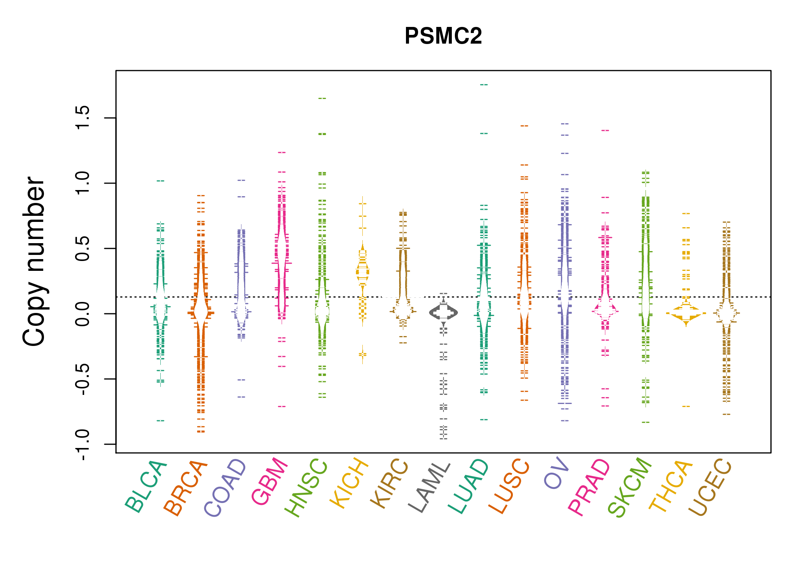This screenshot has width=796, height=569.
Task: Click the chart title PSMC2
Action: (x=443, y=36)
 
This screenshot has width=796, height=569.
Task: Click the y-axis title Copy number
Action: (x=34, y=261)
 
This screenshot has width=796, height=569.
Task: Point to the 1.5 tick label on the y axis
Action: (x=83, y=118)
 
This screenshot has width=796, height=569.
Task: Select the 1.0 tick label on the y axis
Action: (x=83, y=183)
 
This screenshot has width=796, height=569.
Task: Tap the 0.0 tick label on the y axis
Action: (x=83, y=314)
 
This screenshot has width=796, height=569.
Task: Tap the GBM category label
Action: (x=269, y=482)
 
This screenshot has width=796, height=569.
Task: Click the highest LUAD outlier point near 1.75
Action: (x=484, y=85)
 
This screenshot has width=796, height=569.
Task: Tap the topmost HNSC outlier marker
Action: (x=322, y=98)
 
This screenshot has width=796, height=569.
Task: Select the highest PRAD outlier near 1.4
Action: (x=605, y=130)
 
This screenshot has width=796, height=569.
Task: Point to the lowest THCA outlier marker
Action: (x=686, y=407)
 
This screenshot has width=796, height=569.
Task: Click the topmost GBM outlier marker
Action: (x=282, y=152)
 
